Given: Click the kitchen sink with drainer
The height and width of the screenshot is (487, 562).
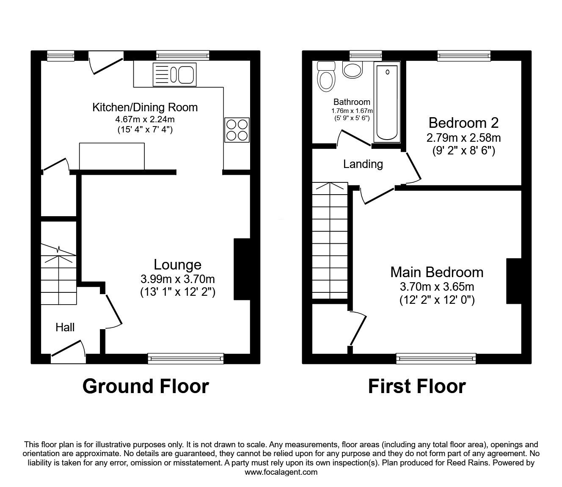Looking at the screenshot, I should click(175, 74).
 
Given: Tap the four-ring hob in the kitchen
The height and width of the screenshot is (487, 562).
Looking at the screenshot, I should click(237, 130).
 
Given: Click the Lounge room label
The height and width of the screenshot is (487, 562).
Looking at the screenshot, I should click(177, 264).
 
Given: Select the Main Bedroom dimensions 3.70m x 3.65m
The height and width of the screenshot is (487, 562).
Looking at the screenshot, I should click(437, 286).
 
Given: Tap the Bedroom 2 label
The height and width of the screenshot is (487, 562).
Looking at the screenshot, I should click(463, 123).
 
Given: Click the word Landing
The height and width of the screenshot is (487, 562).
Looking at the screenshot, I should click(363, 164).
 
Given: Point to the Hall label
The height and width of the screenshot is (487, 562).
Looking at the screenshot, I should click(65, 327).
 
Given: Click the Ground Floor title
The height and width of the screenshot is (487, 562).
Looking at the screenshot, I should click(146, 386).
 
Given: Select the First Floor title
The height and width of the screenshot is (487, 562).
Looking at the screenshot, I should click(416, 386).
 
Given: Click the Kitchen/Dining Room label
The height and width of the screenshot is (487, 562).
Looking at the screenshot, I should click(145, 107).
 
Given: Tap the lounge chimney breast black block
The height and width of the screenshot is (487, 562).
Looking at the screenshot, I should click(242, 270).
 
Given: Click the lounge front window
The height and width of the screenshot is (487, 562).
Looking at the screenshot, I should click(186, 358).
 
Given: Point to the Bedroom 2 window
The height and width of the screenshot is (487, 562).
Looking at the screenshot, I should click(464, 55).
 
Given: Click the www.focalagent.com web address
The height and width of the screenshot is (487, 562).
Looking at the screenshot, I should click(281, 472).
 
